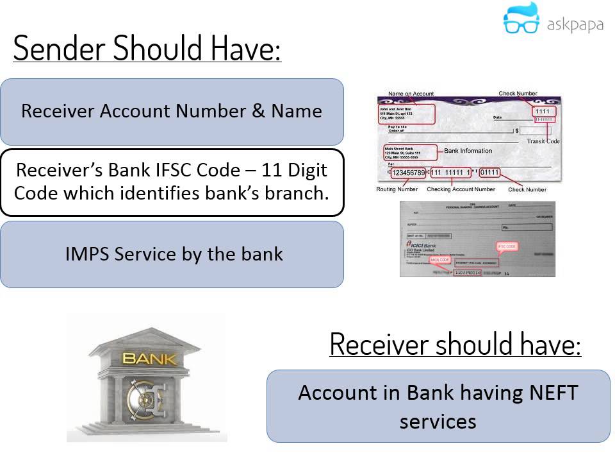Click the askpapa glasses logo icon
pyautogui.click(x=521, y=20)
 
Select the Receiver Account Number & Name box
pyautogui.click(x=172, y=111)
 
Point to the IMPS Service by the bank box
pyautogui.click(x=172, y=254)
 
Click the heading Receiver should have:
pyautogui.click(x=455, y=345)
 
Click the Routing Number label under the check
pyautogui.click(x=397, y=189)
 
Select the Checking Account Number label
pyautogui.click(x=461, y=189)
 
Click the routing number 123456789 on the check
pyautogui.click(x=408, y=173)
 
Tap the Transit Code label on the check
pyautogui.click(x=543, y=141)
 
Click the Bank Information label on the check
pyautogui.click(x=468, y=151)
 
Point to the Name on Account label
pyautogui.click(x=411, y=94)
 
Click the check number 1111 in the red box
pyautogui.click(x=542, y=111)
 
